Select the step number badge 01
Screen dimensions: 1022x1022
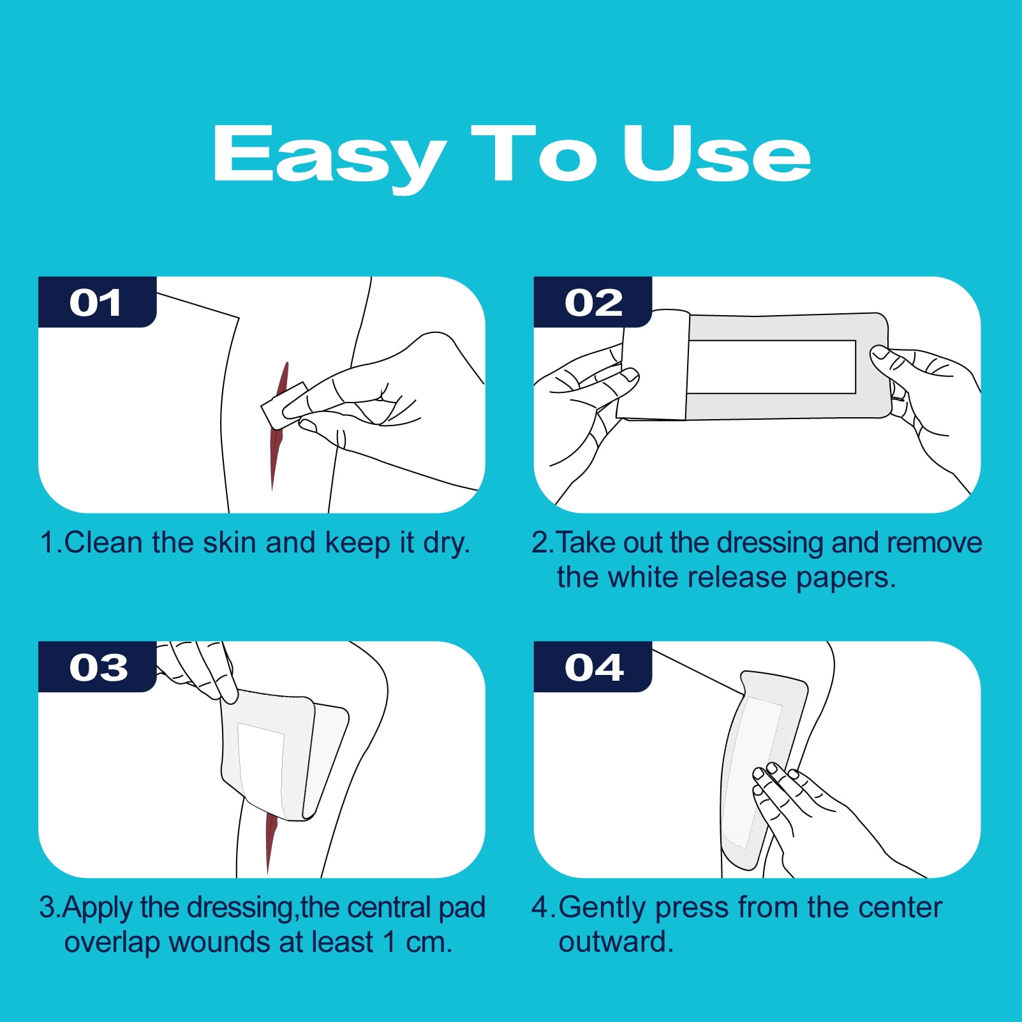(97, 302)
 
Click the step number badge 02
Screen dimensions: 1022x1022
(593, 302)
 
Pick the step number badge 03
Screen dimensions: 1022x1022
(97, 667)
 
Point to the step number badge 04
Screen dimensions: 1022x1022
(593, 667)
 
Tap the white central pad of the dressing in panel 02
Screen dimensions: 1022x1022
(772, 367)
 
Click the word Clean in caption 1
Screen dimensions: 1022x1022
(103, 543)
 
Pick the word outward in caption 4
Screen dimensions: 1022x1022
(616, 942)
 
